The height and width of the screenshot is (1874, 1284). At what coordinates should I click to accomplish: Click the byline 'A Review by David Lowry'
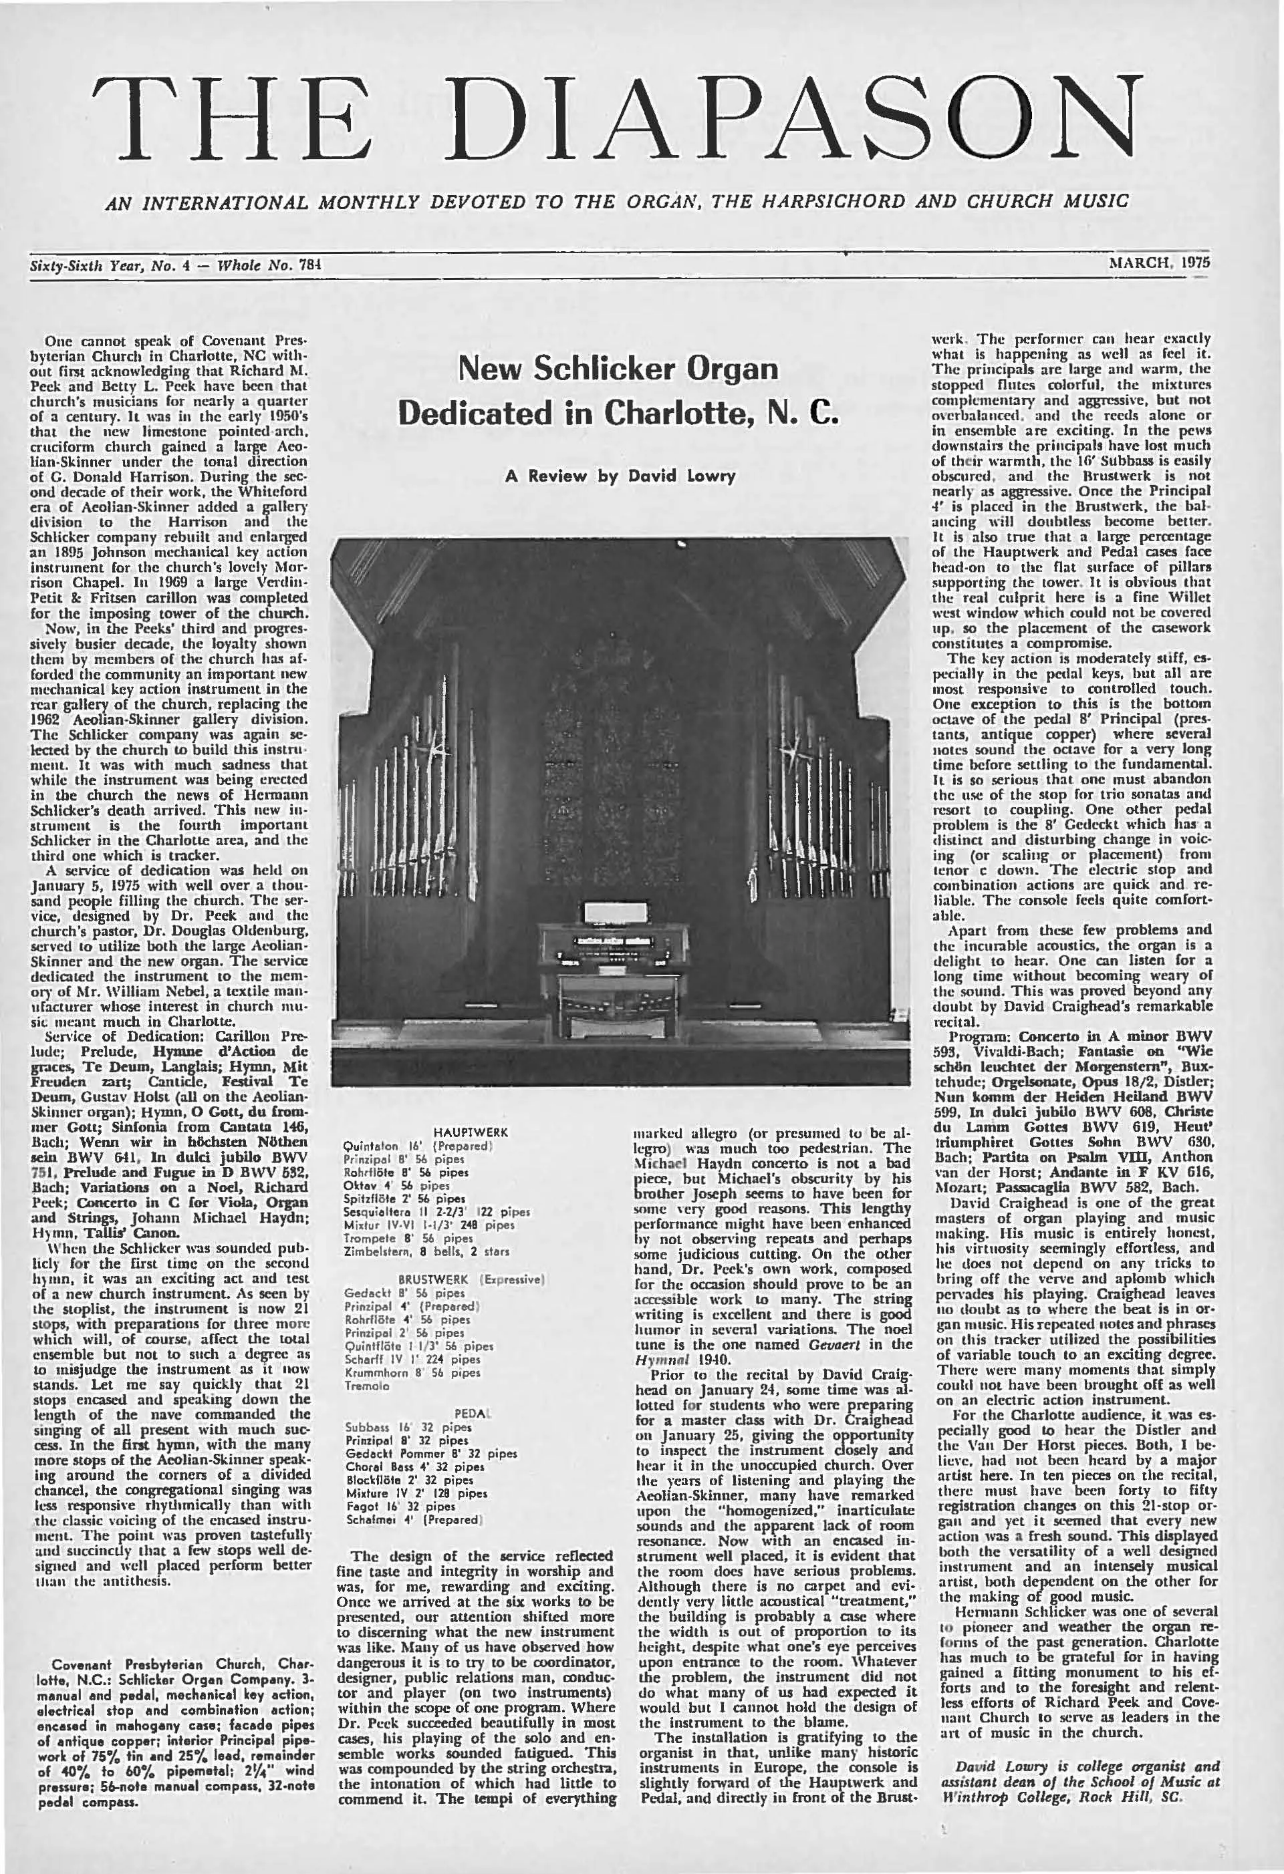(x=620, y=476)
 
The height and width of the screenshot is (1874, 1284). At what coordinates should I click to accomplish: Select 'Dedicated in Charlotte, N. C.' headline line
(x=620, y=413)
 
